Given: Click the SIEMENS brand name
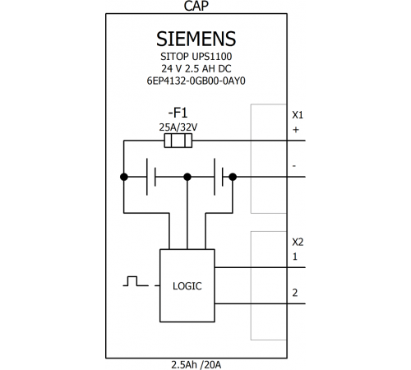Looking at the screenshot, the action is tap(196, 39).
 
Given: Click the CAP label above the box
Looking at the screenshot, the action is tap(196, 6).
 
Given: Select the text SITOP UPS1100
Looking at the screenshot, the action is tap(196, 57).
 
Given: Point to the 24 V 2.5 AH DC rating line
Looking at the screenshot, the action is tap(196, 68).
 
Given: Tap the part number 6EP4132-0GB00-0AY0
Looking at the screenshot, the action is tap(196, 81).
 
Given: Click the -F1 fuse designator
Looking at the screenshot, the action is tap(178, 113).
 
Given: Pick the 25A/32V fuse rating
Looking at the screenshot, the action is tap(178, 127).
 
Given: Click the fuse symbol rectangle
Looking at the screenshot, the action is tap(178, 141).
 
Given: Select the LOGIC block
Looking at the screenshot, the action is tap(187, 285).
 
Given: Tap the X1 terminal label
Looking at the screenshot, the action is tap(298, 115).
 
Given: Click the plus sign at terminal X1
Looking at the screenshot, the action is tap(296, 130).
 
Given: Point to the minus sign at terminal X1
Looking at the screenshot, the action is tap(294, 166).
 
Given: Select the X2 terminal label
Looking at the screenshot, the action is tap(298, 243).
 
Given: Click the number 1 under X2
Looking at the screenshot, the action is tap(295, 257).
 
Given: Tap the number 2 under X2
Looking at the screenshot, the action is tap(295, 293).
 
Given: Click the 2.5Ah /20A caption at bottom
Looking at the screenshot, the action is tap(196, 365).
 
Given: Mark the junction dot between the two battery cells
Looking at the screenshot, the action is tap(187, 177).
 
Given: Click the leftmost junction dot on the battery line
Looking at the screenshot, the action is tap(124, 177).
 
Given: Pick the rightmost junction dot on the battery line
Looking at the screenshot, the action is tap(233, 177).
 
